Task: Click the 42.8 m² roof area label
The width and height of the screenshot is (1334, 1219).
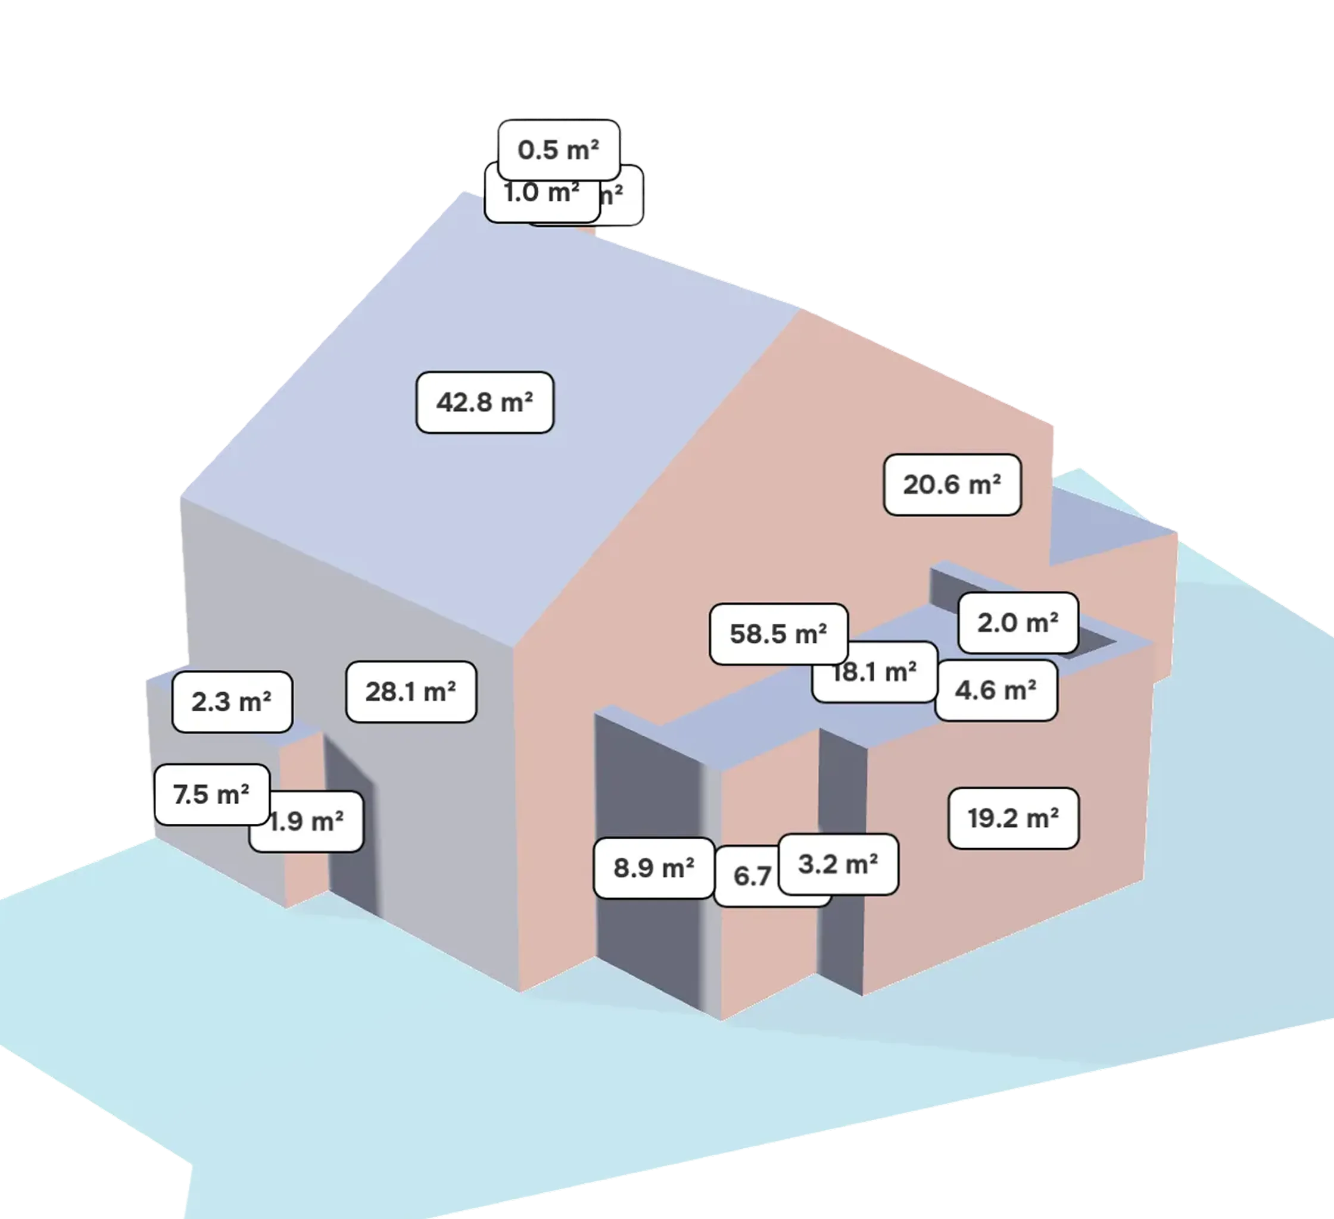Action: (x=484, y=402)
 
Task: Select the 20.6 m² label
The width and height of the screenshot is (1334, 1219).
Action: (x=952, y=485)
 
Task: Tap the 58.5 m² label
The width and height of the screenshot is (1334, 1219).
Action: (x=778, y=634)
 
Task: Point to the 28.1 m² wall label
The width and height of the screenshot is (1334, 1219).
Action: (x=411, y=692)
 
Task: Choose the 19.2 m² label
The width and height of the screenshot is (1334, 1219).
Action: (x=1013, y=818)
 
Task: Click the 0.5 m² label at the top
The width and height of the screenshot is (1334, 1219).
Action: (x=559, y=149)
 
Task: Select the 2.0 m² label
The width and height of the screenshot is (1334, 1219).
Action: (x=1018, y=623)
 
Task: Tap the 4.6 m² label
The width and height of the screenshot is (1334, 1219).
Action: (x=995, y=690)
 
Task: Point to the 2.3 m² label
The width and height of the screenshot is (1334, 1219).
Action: (x=232, y=702)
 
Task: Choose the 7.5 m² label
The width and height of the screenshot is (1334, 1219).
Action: (x=211, y=795)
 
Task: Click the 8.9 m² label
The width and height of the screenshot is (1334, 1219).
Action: (x=654, y=868)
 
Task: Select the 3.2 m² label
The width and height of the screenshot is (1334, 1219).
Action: (x=838, y=864)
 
